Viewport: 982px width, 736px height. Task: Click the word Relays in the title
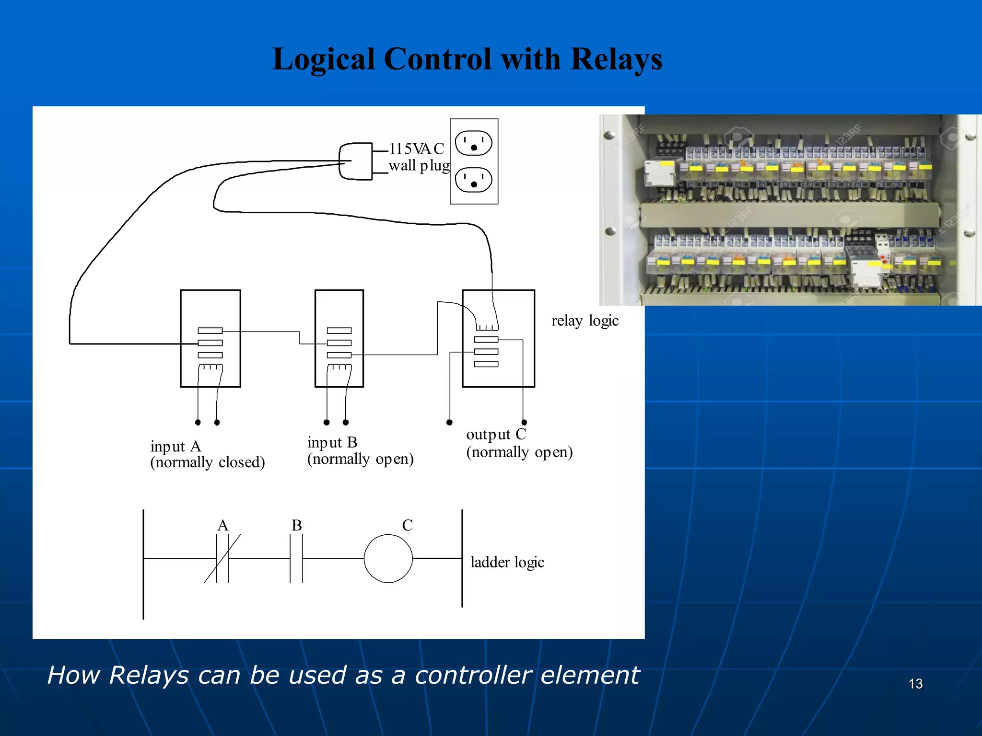(x=616, y=60)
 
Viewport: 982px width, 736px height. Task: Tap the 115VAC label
(x=416, y=149)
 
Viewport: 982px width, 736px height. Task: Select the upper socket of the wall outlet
(x=474, y=143)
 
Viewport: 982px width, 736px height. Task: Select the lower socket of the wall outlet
(x=474, y=180)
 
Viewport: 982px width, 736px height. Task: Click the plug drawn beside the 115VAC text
(x=356, y=161)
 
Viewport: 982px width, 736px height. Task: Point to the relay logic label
(x=585, y=321)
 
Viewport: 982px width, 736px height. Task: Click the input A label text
(x=175, y=447)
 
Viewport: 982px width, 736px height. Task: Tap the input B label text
(x=332, y=442)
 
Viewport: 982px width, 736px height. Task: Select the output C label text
(x=496, y=434)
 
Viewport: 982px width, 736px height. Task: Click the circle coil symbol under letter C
(x=388, y=558)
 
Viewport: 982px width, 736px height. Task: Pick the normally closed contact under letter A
(x=222, y=558)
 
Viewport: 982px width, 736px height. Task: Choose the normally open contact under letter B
(x=296, y=558)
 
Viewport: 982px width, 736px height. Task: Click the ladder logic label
(x=507, y=562)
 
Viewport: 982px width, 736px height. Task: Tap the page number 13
(x=915, y=684)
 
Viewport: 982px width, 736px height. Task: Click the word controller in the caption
(x=473, y=675)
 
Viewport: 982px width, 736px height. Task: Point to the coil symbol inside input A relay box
(x=210, y=368)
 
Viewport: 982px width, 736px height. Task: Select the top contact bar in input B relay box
(x=339, y=331)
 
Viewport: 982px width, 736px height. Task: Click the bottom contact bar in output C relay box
(x=486, y=364)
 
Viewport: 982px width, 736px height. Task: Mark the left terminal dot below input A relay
(x=198, y=422)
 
